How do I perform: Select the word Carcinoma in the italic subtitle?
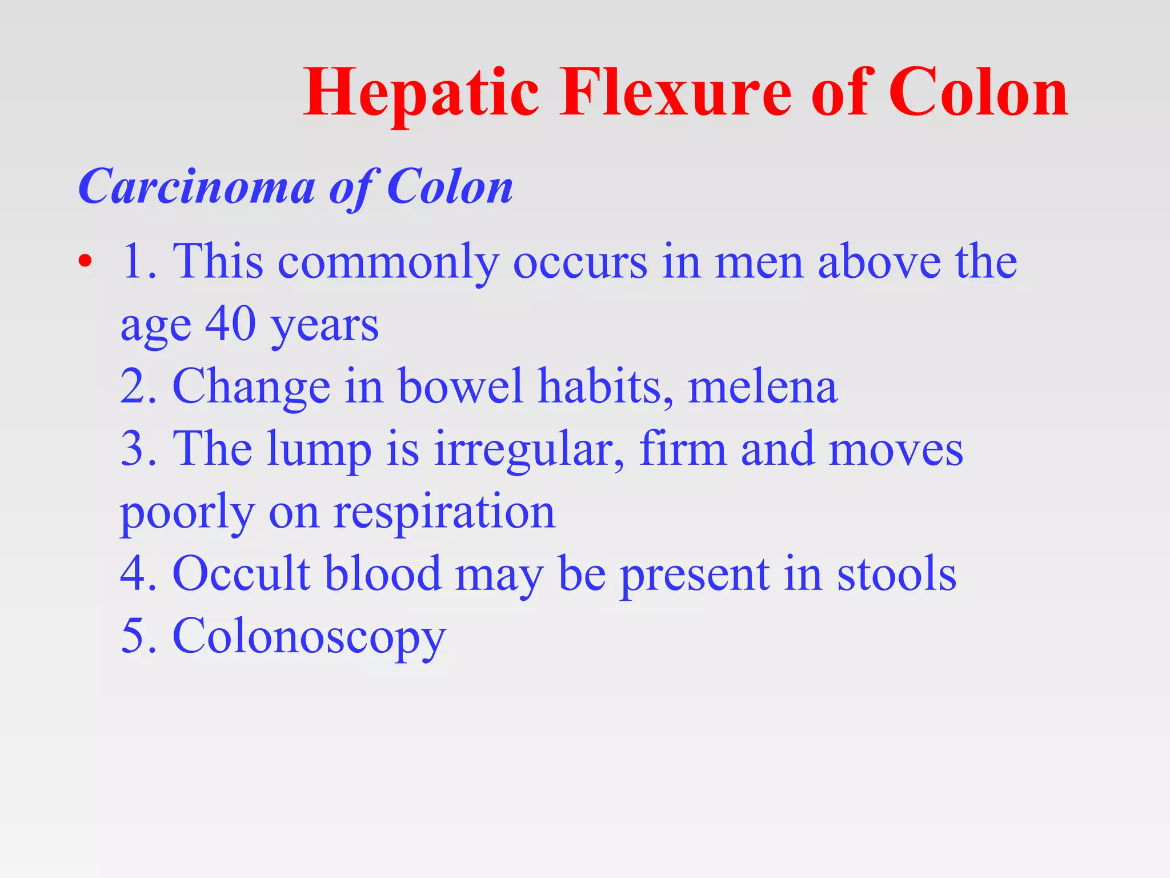pos(197,187)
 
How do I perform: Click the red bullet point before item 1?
pos(85,262)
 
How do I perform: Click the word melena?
pos(762,387)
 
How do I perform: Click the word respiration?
pos(444,512)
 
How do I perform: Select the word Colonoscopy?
pos(308,636)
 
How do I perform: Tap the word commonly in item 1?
pos(388,262)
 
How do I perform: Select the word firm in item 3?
pos(683,449)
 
